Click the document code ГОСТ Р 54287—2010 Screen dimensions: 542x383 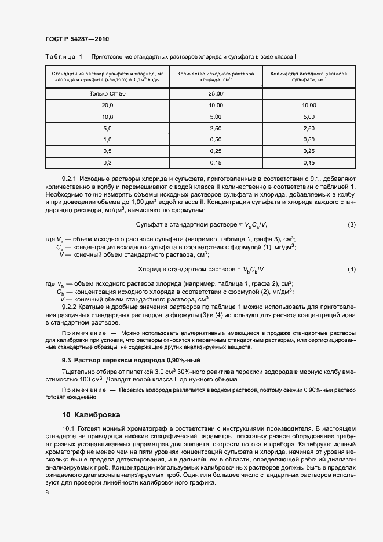tap(77, 39)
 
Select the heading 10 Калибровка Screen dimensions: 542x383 tap(91, 415)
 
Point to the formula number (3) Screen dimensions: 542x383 tap(351, 224)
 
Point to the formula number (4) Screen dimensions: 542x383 tap(351, 269)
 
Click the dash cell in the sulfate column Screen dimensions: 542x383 tap(309, 94)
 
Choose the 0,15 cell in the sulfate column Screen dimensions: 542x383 tap(309, 162)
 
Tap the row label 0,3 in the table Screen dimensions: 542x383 tap(107, 162)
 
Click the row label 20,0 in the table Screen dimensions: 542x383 tap(107, 106)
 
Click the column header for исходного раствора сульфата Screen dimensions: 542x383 tap(309, 77)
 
